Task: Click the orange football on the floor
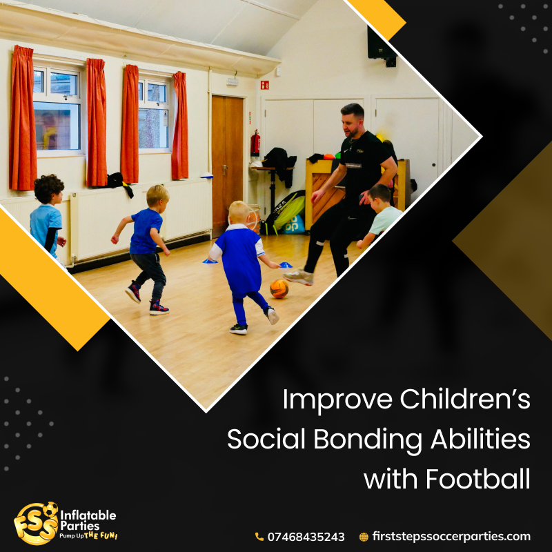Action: [279, 288]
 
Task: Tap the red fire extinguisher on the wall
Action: [255, 143]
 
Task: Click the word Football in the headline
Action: [477, 479]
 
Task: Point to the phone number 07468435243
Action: [306, 537]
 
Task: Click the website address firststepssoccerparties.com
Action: [451, 537]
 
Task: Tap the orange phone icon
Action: [259, 537]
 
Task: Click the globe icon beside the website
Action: [364, 537]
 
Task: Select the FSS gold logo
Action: [37, 523]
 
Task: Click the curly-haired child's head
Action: [49, 188]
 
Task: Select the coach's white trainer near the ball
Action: [298, 277]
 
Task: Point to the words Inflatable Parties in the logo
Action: [88, 520]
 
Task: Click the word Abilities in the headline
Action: [480, 439]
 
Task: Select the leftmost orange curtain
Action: [23, 118]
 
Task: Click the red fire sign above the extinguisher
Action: [265, 85]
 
